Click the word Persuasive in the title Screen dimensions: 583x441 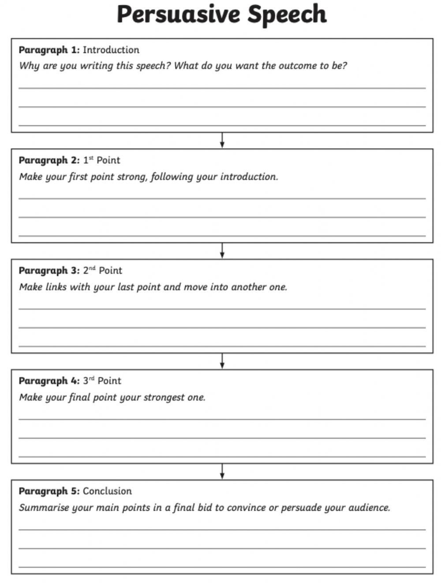tap(179, 15)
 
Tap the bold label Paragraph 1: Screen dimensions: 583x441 tap(49, 50)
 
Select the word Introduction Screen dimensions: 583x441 tap(111, 50)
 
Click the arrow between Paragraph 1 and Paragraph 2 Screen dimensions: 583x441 tap(222, 140)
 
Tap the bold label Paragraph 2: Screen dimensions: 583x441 tap(49, 160)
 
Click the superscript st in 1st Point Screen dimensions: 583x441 tap(91, 158)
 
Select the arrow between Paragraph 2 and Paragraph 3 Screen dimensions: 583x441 tap(222, 251)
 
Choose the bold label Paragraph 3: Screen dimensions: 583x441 tap(49, 271)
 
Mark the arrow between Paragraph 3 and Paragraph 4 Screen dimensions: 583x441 tap(222, 361)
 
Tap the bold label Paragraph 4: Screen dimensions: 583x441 tap(49, 381)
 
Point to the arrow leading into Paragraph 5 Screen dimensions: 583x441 tap(222, 471)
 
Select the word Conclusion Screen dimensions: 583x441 tap(107, 491)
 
